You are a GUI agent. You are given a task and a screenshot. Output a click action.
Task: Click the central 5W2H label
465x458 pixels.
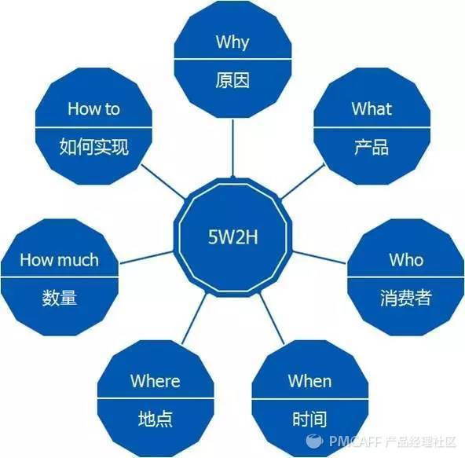(233, 237)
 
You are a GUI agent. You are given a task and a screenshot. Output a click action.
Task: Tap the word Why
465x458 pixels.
(233, 42)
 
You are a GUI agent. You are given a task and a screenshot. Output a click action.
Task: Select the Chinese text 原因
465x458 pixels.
(233, 80)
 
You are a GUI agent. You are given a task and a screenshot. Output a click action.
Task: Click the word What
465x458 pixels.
(372, 108)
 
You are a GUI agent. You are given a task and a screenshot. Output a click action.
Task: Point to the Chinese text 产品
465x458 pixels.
(372, 147)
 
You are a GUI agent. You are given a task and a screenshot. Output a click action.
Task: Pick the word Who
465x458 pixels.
(406, 260)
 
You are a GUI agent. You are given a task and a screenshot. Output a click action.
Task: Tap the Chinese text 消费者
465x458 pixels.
(405, 298)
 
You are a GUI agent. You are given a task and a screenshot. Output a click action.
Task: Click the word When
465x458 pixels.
(309, 381)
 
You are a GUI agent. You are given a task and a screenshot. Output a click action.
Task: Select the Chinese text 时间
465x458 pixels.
(309, 419)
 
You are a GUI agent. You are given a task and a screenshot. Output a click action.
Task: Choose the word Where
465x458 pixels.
(155, 381)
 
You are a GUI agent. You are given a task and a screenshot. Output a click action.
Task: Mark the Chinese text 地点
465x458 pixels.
(156, 419)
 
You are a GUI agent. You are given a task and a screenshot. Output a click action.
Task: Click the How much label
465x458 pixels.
(60, 260)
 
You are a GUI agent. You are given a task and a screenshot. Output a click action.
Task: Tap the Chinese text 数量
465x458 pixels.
(60, 298)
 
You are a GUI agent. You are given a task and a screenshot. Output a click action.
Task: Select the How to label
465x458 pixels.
(93, 108)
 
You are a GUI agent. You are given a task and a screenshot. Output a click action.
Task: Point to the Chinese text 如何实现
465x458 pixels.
(93, 147)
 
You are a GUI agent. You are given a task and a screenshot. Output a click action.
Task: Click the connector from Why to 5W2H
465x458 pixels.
(233, 148)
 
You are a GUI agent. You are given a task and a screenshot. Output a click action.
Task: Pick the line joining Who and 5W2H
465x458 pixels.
(319, 258)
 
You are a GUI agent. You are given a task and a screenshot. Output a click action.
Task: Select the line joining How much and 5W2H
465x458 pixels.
(147, 258)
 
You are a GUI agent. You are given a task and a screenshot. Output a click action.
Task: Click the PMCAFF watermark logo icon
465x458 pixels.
(314, 442)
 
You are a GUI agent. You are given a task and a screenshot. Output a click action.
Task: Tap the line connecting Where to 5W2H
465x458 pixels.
(194, 319)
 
